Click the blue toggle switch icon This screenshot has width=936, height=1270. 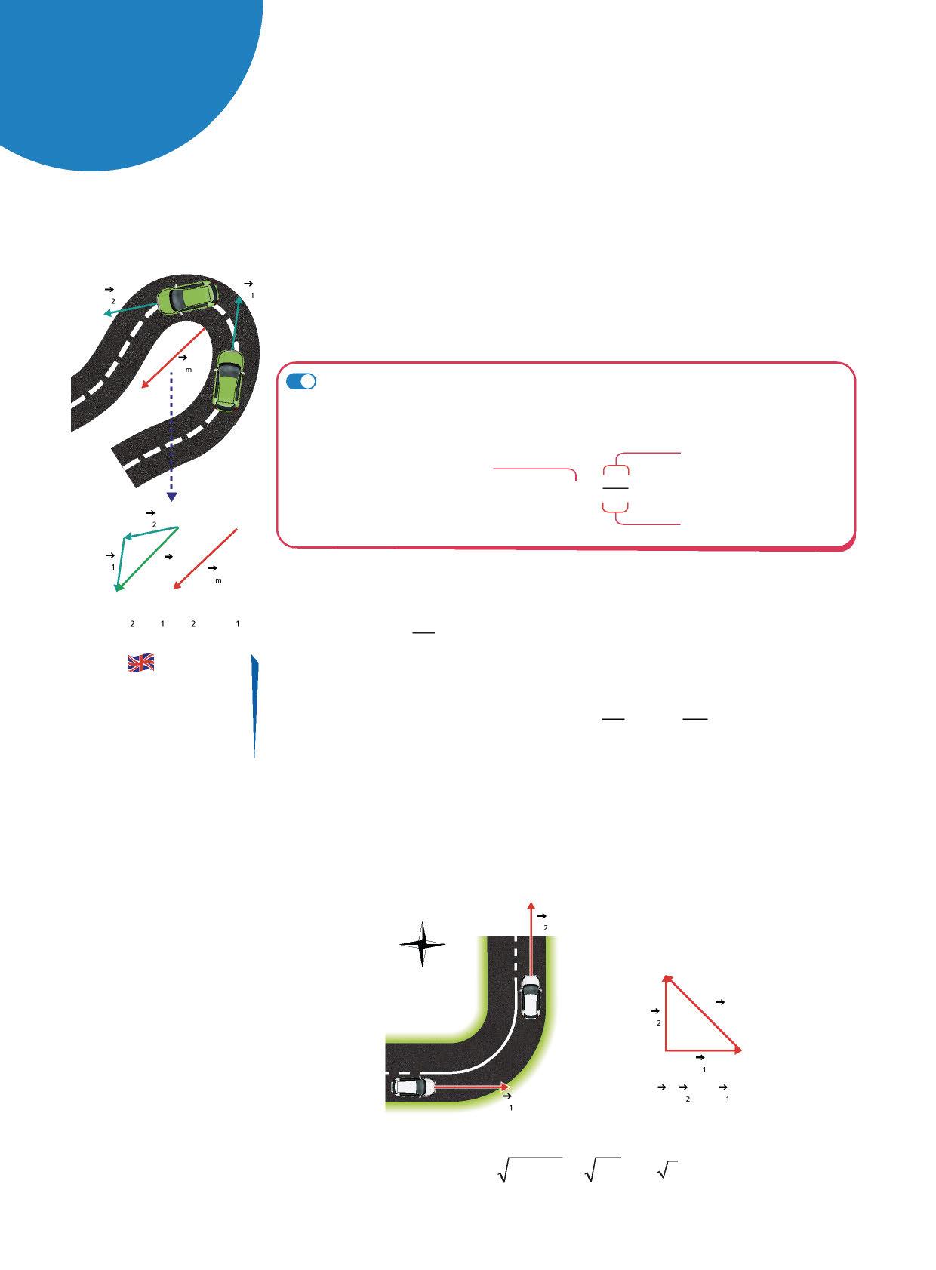pos(300,382)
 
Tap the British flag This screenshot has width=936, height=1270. pos(141,663)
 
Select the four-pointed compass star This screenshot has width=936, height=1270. pos(422,944)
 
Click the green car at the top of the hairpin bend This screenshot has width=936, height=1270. pos(187,297)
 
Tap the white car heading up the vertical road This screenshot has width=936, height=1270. pos(531,995)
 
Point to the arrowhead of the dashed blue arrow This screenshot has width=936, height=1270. pos(172,497)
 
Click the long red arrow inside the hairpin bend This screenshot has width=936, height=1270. pos(173,357)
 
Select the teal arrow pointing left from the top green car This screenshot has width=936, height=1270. pos(130,309)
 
